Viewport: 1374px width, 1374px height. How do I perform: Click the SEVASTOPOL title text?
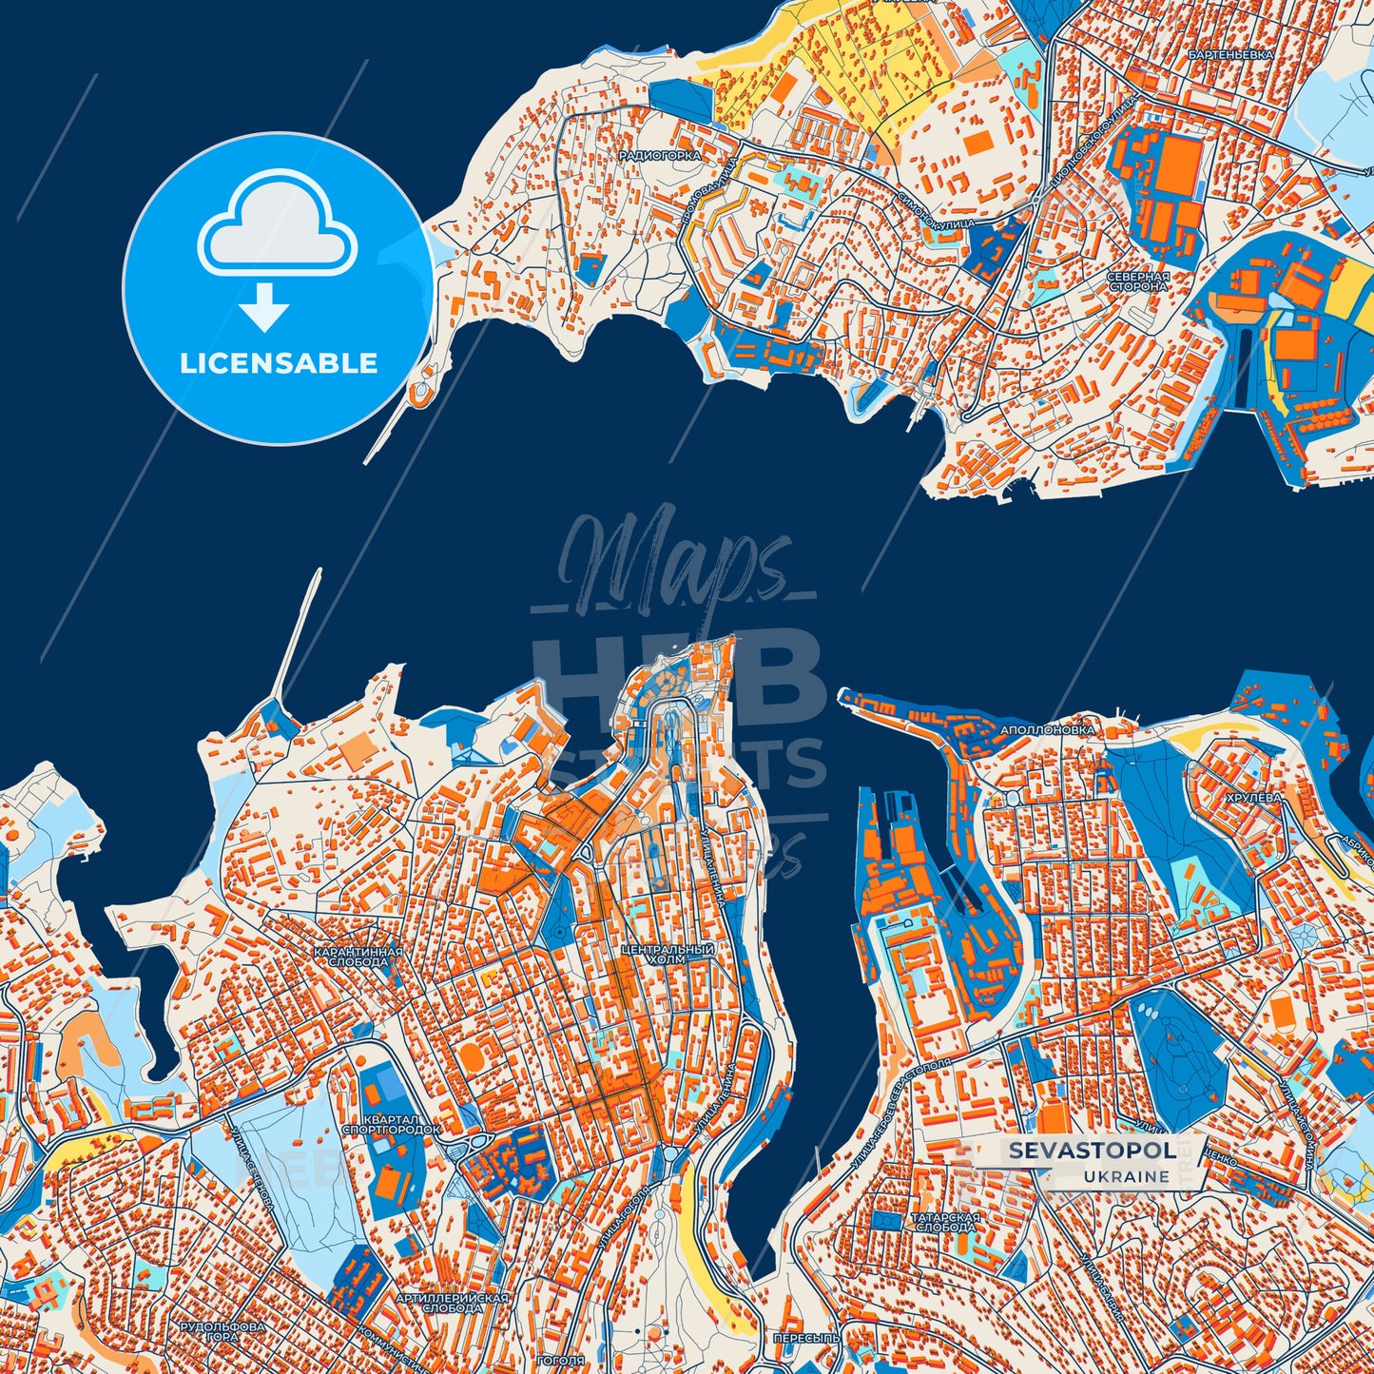(1090, 1151)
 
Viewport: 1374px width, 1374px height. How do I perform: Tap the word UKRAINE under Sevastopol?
(1126, 1176)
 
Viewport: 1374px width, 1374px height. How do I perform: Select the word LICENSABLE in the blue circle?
(279, 363)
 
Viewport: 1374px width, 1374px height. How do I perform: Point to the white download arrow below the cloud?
(264, 307)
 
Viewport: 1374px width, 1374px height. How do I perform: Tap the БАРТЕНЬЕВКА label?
(1229, 55)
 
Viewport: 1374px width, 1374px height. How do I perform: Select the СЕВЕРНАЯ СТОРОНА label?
(1137, 281)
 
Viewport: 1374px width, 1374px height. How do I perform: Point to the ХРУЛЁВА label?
(1253, 799)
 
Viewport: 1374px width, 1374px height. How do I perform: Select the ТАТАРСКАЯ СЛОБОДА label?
(944, 1222)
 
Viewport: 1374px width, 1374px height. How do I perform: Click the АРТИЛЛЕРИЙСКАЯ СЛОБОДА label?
(452, 1303)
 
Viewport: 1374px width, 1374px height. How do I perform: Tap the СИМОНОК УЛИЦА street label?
(936, 211)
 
